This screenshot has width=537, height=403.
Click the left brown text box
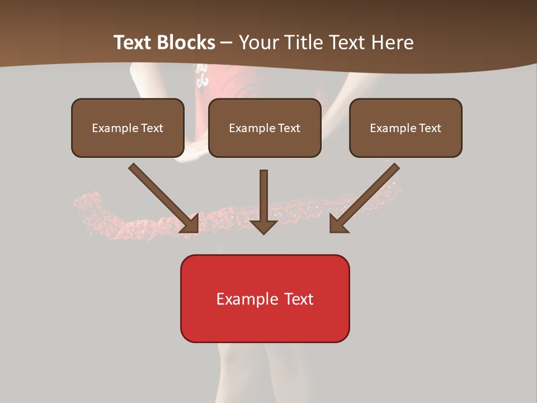click(x=128, y=128)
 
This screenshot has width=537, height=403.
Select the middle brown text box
click(x=265, y=128)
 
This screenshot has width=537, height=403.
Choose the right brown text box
click(x=406, y=128)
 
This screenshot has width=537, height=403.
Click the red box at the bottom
click(x=265, y=298)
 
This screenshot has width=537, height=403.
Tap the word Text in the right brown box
click(x=430, y=128)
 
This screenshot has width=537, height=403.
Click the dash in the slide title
click(x=227, y=43)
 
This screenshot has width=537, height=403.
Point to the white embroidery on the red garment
click(x=201, y=76)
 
